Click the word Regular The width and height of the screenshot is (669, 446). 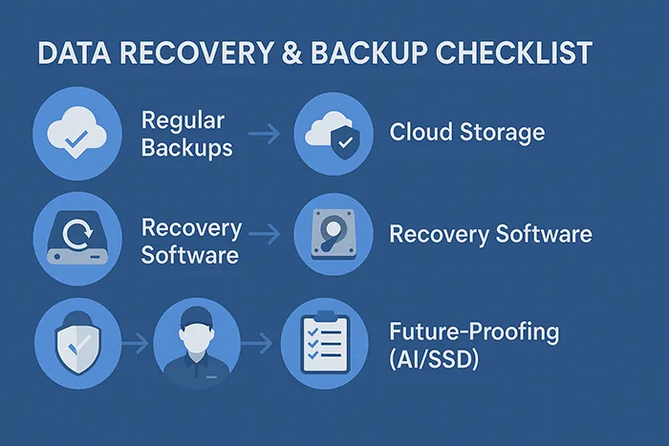pyautogui.click(x=183, y=121)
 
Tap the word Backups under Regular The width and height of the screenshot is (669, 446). pyautogui.click(x=185, y=148)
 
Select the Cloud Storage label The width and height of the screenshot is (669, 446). pyautogui.click(x=467, y=133)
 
